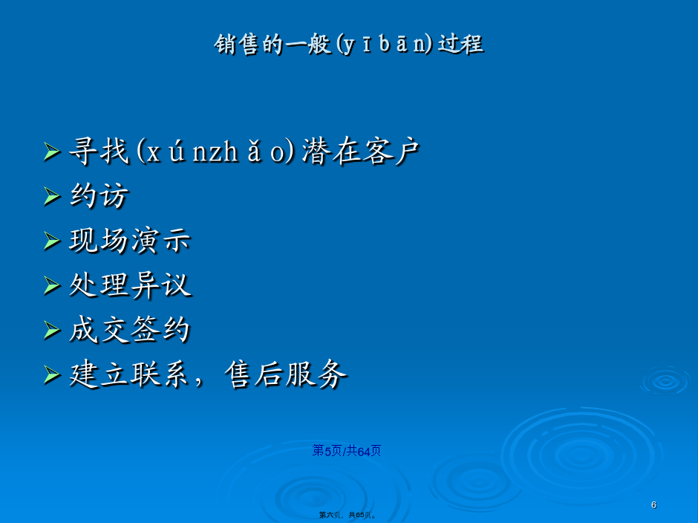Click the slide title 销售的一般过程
pyautogui.click(x=349, y=44)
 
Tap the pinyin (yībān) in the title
pyautogui.click(x=384, y=45)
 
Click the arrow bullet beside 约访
pyautogui.click(x=52, y=196)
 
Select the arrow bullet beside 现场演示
pyautogui.click(x=52, y=241)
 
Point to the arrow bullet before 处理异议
pyautogui.click(x=52, y=285)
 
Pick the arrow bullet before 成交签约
pyautogui.click(x=52, y=330)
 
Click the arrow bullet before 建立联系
pyautogui.click(x=52, y=374)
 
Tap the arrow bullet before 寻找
pyautogui.click(x=52, y=152)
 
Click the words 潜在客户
pyautogui.click(x=361, y=151)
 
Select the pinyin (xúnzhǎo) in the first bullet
pyautogui.click(x=215, y=151)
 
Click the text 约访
pyautogui.click(x=100, y=195)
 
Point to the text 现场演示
pyautogui.click(x=130, y=241)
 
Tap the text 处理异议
pyautogui.click(x=130, y=285)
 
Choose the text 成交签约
pyautogui.click(x=130, y=330)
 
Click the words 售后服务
pyautogui.click(x=285, y=374)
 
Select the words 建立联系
pyautogui.click(x=128, y=374)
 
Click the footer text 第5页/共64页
pyautogui.click(x=346, y=451)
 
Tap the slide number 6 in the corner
pyautogui.click(x=653, y=504)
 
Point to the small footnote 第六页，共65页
pyautogui.click(x=348, y=515)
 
